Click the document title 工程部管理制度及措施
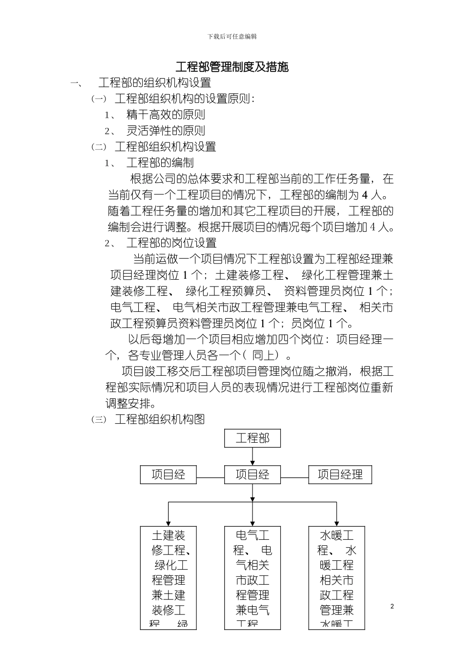pyautogui.click(x=232, y=67)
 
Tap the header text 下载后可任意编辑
pyautogui.click(x=232, y=37)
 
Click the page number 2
pyautogui.click(x=392, y=606)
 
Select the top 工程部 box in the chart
pyautogui.click(x=253, y=438)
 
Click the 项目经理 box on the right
pyautogui.click(x=340, y=474)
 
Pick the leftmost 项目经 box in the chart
pyautogui.click(x=169, y=474)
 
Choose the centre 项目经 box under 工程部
pyautogui.click(x=253, y=474)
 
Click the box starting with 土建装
pyautogui.click(x=169, y=577)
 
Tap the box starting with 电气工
pyautogui.click(x=253, y=577)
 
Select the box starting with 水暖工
pyautogui.click(x=337, y=577)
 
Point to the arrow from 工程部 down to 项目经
pyautogui.click(x=253, y=456)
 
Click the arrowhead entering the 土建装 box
pyautogui.click(x=169, y=523)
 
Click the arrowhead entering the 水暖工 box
pyautogui.click(x=337, y=523)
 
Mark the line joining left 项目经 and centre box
pyautogui.click(x=211, y=478)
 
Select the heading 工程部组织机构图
pyautogui.click(x=159, y=419)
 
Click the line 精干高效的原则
pyautogui.click(x=166, y=115)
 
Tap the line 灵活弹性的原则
pyautogui.click(x=166, y=131)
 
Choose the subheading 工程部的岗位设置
pyautogui.click(x=171, y=243)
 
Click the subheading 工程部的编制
pyautogui.click(x=160, y=163)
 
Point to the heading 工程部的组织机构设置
pyautogui.click(x=155, y=82)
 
